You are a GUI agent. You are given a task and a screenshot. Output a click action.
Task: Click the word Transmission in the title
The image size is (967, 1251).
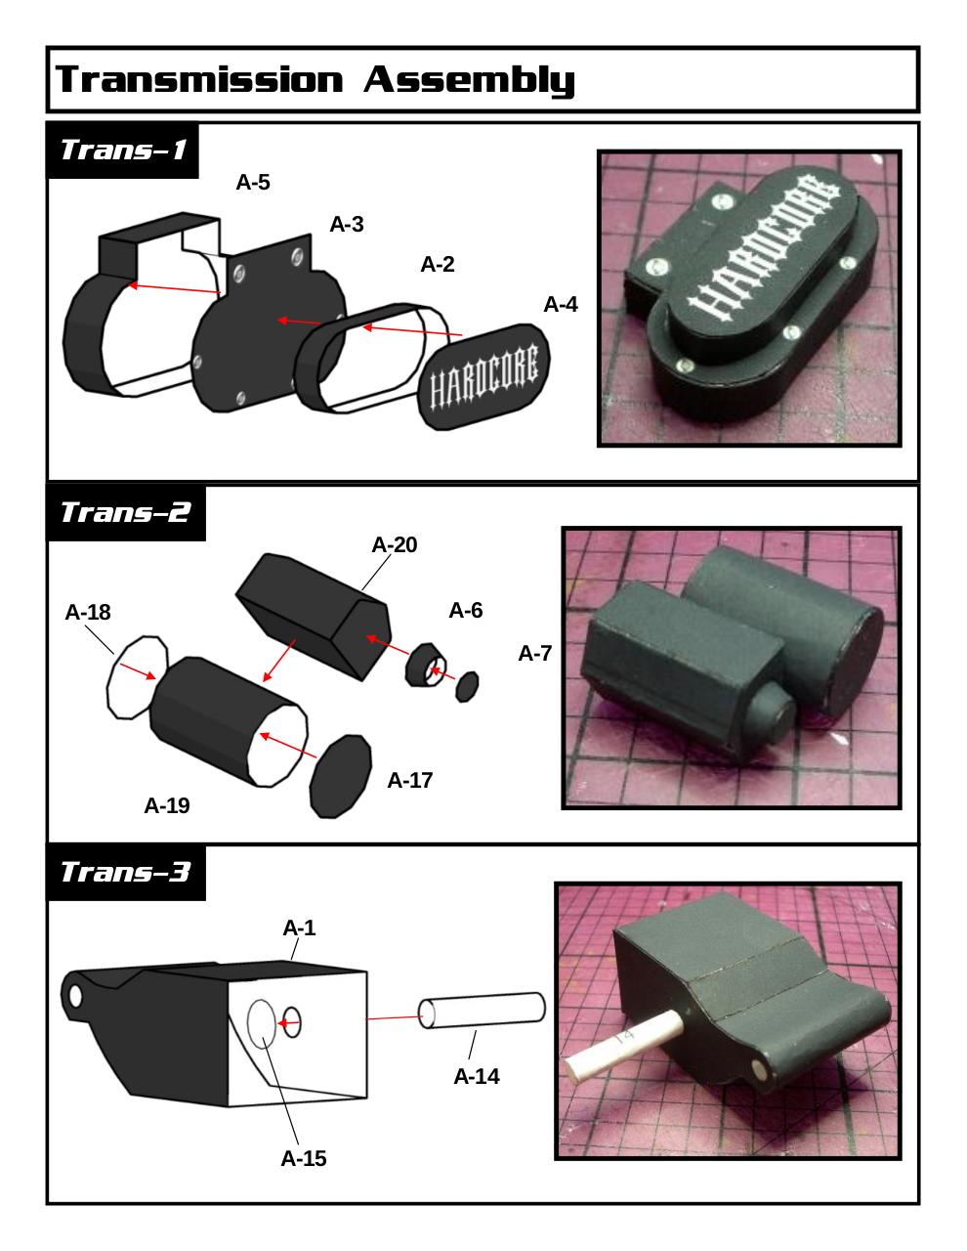coord(199,79)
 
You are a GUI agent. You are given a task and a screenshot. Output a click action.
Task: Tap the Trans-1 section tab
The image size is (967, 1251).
coord(122,150)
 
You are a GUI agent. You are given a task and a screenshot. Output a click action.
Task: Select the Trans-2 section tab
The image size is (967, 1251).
coord(125,512)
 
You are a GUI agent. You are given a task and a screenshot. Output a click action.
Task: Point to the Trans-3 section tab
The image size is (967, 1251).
coord(125,872)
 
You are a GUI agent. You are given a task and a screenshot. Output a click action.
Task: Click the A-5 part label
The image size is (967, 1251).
coord(253,182)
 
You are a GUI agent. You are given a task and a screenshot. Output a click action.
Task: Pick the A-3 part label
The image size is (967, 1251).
coord(347,224)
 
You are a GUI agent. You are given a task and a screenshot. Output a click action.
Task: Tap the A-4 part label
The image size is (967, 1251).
coord(561,304)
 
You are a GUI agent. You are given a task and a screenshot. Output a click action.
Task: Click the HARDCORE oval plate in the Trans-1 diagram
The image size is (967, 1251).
coord(484,377)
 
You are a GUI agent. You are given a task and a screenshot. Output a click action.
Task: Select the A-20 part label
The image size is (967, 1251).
coord(394,544)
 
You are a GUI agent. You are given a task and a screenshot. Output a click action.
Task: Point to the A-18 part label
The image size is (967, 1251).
coord(88,612)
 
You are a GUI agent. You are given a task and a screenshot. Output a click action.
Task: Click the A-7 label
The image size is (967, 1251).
coord(534,654)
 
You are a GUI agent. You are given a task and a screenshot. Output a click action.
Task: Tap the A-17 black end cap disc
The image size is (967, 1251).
coord(341,776)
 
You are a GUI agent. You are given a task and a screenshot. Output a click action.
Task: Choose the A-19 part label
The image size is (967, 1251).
coord(167,805)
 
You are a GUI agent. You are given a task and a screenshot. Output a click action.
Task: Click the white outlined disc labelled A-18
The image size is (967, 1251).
coord(137,677)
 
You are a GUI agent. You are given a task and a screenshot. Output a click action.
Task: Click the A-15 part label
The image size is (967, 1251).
coord(303,1158)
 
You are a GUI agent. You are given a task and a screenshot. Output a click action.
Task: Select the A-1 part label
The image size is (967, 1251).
coord(299,927)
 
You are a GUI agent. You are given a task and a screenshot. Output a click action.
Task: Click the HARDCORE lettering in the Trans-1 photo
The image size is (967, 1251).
coord(761,255)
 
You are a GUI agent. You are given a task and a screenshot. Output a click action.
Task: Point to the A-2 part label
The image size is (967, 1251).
coord(438,264)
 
